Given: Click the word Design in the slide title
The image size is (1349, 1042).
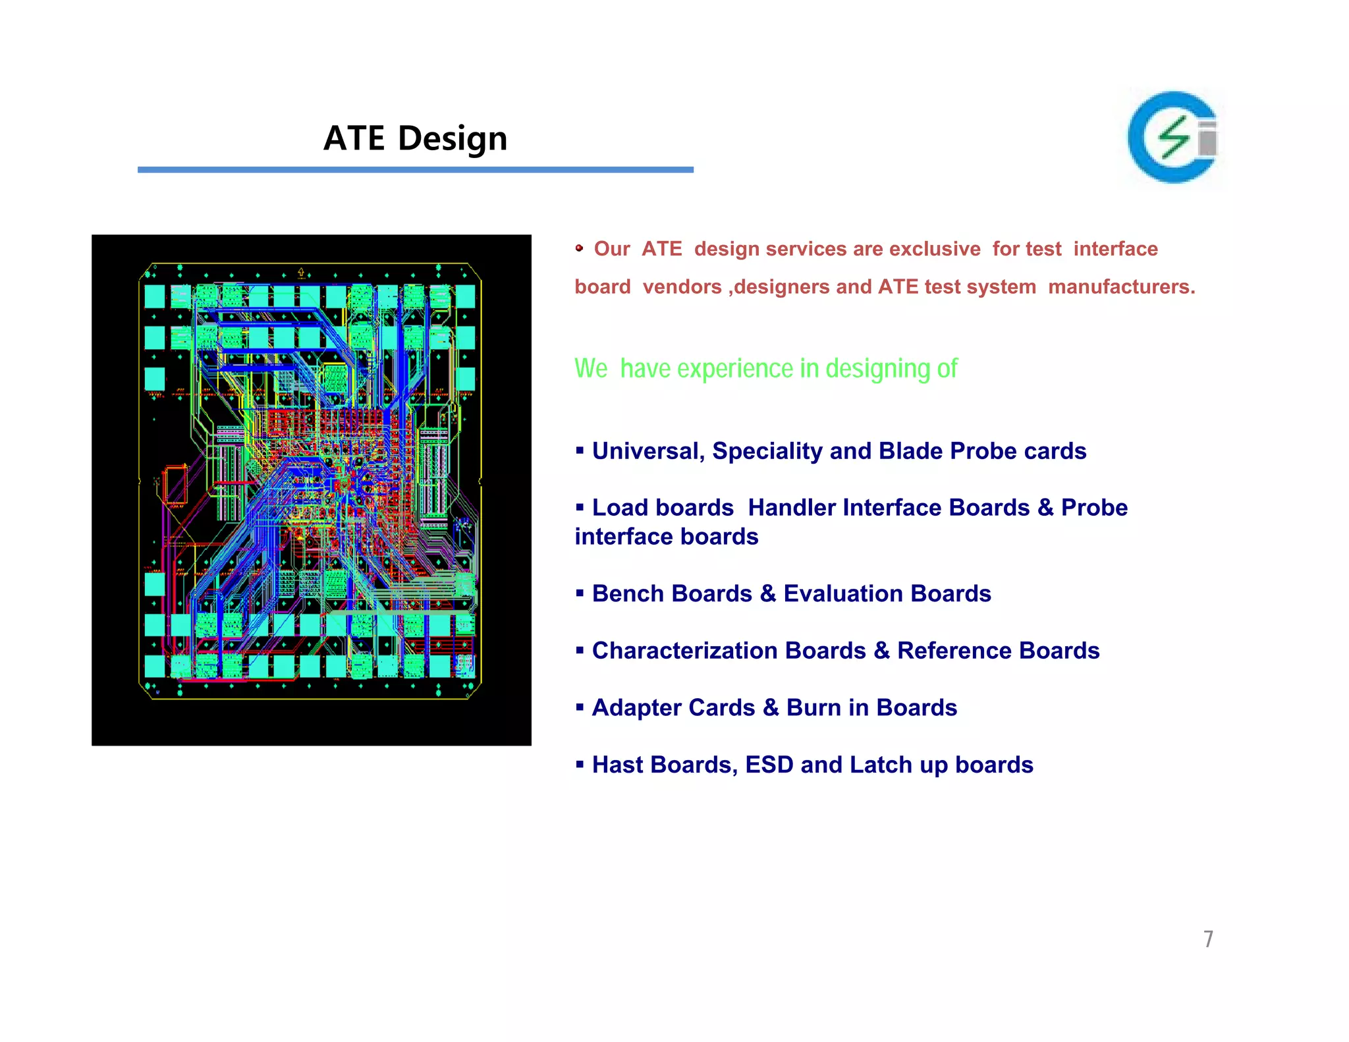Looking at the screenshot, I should point(453,139).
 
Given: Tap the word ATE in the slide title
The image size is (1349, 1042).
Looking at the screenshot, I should point(354,139).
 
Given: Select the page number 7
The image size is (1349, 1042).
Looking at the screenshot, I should point(1208,939).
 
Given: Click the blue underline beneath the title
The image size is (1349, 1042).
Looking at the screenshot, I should point(415,170).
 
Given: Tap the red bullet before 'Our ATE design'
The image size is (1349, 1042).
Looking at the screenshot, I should point(579,248).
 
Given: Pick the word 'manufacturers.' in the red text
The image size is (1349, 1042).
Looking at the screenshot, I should point(1121,287).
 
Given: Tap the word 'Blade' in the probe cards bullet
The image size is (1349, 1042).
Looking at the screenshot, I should point(910,451).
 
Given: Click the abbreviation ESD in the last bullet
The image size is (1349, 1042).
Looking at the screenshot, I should point(769,765).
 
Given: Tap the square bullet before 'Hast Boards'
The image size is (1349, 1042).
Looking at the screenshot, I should point(580,765).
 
